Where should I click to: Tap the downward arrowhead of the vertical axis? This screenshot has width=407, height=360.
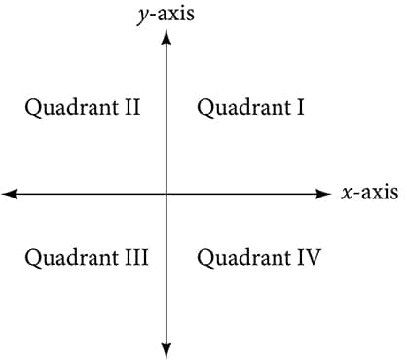tap(166, 349)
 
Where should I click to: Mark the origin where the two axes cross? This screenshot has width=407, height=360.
tap(166, 194)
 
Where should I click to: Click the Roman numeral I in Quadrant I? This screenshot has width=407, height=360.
tap(301, 108)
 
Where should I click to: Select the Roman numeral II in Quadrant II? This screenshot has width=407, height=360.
tap(131, 108)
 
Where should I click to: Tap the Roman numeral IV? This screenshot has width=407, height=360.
tap(309, 258)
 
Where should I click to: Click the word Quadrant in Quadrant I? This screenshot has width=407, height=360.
tap(243, 108)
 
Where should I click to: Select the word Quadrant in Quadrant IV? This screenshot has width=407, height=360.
tap(243, 258)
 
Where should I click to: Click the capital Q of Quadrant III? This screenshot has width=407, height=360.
tap(32, 258)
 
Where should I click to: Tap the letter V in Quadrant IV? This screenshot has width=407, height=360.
tap(314, 258)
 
